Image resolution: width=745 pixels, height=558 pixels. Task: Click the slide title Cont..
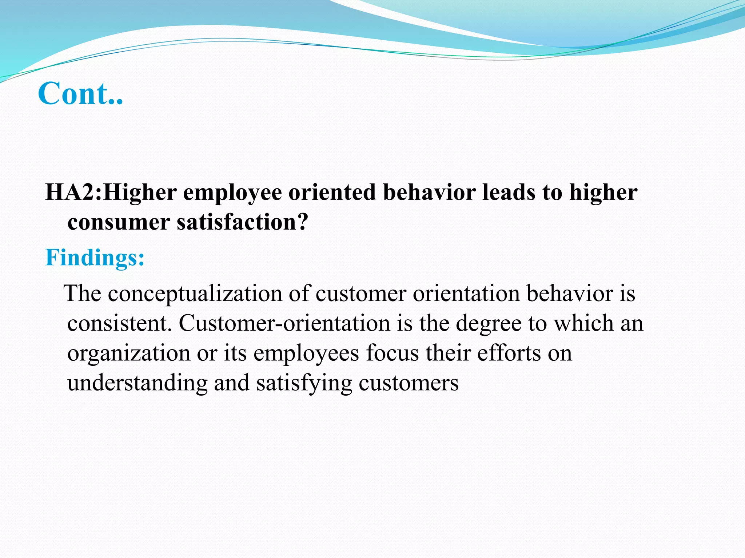coord(80,93)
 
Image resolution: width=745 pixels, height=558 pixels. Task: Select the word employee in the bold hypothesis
coord(232,193)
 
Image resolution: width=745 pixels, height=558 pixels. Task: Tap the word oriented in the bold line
coord(332,192)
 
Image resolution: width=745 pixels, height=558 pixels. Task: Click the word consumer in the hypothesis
coord(119,222)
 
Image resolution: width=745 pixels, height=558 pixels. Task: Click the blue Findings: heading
coord(95,258)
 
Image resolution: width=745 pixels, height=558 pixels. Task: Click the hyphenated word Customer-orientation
coord(284,323)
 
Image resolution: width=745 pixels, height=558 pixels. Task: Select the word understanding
coord(138,383)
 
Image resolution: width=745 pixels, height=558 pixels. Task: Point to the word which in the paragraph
coord(583,323)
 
